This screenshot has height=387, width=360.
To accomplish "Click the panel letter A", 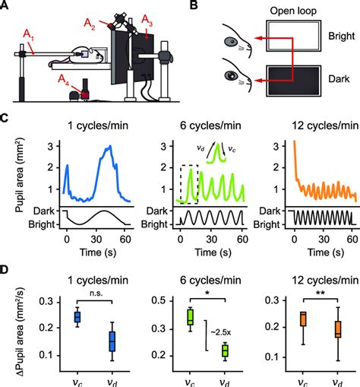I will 6,7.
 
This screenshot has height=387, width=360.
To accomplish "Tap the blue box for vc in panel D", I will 77,317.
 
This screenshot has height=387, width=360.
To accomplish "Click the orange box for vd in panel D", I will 339,328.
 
